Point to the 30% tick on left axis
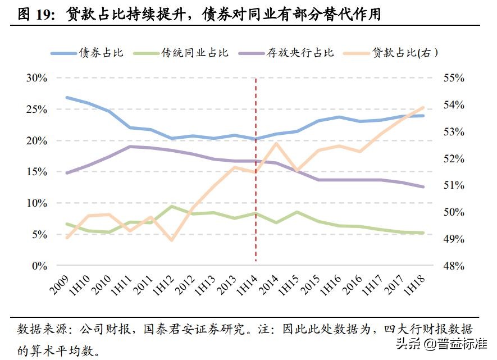[36, 78]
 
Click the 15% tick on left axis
[36, 172]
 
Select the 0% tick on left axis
[39, 266]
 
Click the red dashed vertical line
[256, 168]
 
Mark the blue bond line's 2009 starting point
[67, 97]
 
